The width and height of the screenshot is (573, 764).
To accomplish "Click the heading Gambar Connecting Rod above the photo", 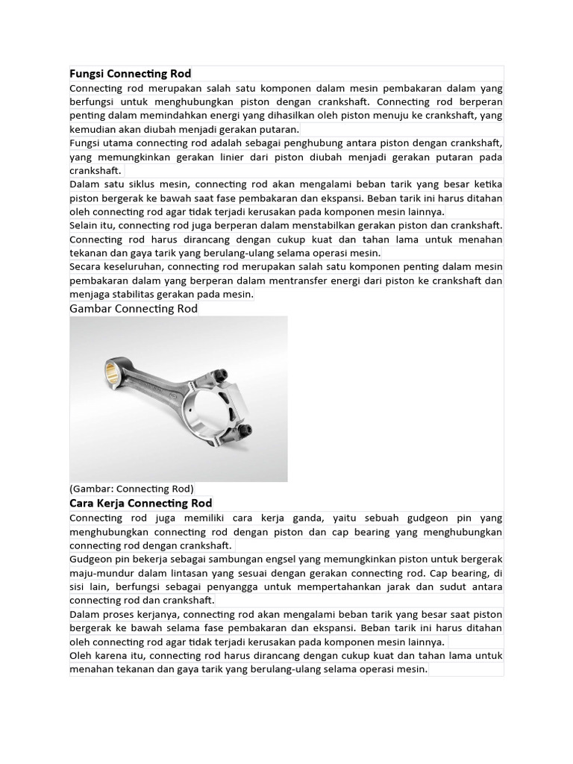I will (x=134, y=309).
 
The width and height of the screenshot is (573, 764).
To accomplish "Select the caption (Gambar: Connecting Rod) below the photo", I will (x=132, y=489).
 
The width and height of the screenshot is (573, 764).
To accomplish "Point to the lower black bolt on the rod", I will (x=245, y=430).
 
